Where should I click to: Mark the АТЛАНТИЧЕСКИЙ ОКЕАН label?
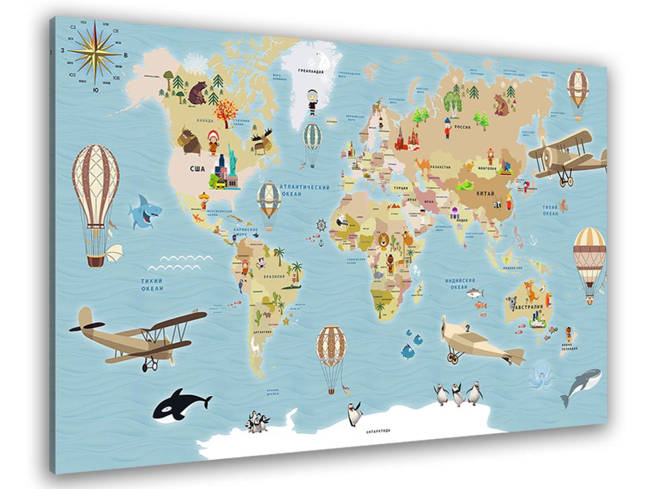(305, 190)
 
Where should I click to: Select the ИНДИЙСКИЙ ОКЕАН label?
(457, 283)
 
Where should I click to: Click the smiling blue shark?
(144, 212)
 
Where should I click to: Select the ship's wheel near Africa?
(322, 225)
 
